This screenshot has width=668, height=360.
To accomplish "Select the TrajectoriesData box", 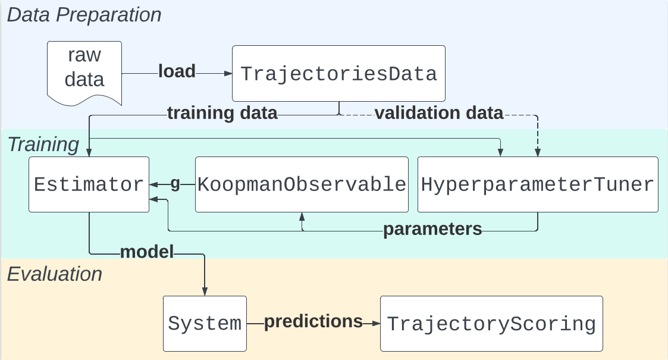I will point(338,74).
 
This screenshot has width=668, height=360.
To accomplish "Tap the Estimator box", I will point(89,184).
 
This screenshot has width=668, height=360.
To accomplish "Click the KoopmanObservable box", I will point(302,184).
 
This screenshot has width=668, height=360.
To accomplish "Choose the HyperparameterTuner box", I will point(538,184).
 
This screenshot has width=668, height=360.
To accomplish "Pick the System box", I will point(205,324).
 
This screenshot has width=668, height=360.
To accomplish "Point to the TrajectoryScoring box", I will point(491,324).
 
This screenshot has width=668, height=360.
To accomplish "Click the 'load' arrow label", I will point(177,71).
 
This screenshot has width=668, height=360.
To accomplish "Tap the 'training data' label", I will point(222,113).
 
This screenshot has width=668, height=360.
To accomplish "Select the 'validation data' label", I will point(439,113).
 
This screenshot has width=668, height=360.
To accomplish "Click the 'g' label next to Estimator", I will point(175,184).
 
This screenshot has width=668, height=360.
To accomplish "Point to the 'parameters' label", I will point(432,229).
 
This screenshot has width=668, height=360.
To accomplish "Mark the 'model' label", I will point(147,252).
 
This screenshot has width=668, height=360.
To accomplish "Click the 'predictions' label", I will point(313,321).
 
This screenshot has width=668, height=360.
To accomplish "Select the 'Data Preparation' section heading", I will point(84,14).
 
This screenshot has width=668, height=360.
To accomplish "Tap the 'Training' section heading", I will point(43,144).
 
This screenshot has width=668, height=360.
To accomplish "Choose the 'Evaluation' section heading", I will point(55,274).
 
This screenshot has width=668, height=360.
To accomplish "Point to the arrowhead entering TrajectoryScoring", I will point(375,324).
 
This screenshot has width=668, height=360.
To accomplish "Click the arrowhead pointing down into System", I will point(205,291).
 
